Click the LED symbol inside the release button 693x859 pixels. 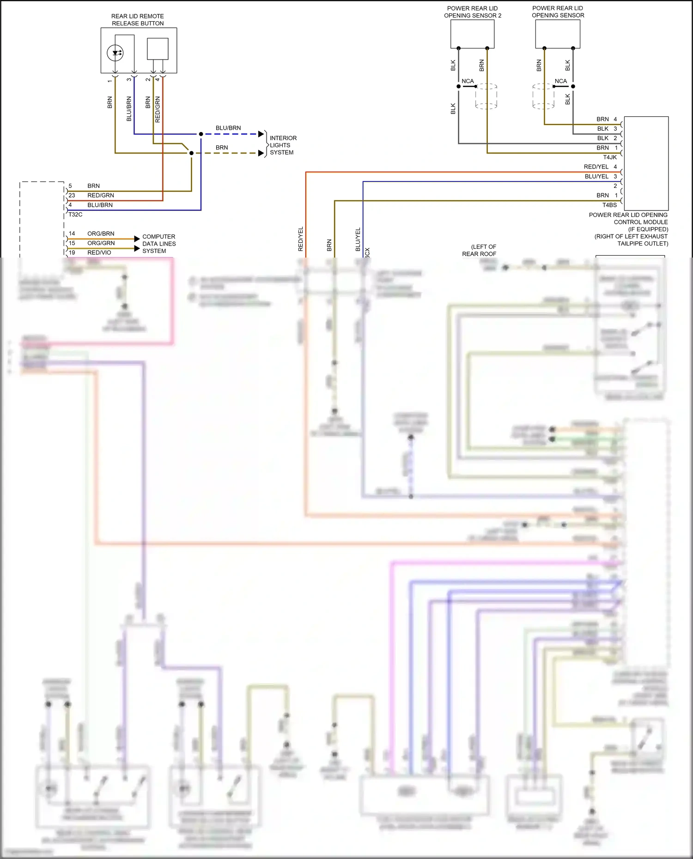click(115, 53)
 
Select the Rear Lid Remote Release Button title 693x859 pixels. click(138, 20)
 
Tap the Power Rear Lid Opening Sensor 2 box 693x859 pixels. click(472, 34)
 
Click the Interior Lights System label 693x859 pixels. click(283, 145)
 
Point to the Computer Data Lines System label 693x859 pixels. click(158, 244)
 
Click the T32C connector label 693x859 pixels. click(75, 215)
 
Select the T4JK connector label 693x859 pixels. click(609, 157)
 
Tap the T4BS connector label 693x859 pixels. click(609, 205)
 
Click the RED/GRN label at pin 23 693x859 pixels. click(100, 195)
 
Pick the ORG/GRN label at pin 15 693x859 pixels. click(101, 243)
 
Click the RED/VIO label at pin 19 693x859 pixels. click(99, 252)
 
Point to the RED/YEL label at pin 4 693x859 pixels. click(596, 167)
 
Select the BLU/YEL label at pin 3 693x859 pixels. click(596, 176)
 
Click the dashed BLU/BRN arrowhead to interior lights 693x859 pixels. click(261, 134)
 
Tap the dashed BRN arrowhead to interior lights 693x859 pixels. click(261, 153)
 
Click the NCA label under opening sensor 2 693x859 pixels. click(468, 81)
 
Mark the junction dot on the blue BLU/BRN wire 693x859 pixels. click(201, 134)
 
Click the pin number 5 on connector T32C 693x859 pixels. click(70, 186)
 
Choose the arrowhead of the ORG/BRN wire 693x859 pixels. click(137, 239)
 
